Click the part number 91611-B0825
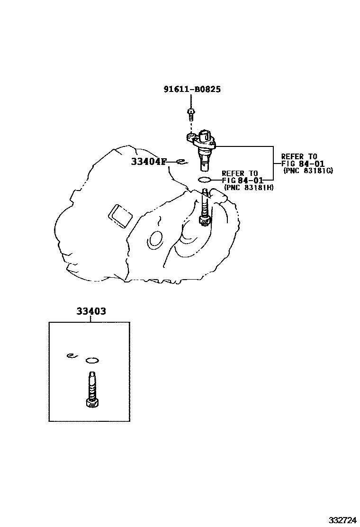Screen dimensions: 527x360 click(x=192, y=89)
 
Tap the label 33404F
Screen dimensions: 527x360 click(x=149, y=162)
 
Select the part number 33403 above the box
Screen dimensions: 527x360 click(x=91, y=311)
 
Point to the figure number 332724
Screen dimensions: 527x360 click(x=343, y=520)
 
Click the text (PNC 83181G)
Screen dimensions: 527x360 click(x=308, y=171)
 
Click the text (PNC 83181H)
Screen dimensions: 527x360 click(x=249, y=188)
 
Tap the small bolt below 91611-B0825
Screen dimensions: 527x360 click(x=191, y=114)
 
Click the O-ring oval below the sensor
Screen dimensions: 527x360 click(x=205, y=180)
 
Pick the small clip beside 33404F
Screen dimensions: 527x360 click(x=180, y=162)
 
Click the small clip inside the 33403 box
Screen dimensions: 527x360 click(x=72, y=355)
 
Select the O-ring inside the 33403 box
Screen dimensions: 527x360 click(x=92, y=361)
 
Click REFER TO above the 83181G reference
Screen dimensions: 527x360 click(x=299, y=156)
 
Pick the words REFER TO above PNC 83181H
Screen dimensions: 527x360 click(x=240, y=173)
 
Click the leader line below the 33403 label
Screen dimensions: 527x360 click(x=90, y=319)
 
